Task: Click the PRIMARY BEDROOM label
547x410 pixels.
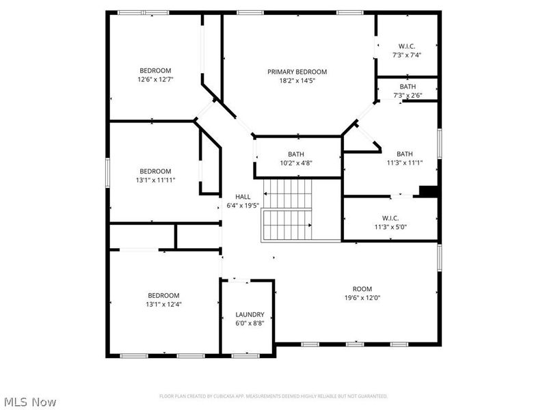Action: click(297, 72)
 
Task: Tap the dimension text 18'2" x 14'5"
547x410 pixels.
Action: click(297, 81)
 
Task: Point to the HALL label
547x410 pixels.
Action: click(243, 197)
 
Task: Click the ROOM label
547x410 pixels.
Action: click(362, 289)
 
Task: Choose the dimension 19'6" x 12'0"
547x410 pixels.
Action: click(362, 298)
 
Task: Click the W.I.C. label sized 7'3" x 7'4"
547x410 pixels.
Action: click(408, 46)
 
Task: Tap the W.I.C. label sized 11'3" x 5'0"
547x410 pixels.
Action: click(390, 218)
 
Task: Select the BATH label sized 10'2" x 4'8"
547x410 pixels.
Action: click(296, 154)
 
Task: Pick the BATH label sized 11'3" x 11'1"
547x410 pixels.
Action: click(405, 154)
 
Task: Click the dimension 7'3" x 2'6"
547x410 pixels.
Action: click(408, 96)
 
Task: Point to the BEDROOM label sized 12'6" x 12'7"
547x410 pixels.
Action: click(155, 70)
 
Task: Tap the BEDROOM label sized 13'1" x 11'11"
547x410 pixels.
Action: click(155, 172)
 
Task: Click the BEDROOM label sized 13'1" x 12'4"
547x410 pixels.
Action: click(163, 296)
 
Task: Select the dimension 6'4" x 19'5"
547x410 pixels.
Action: click(243, 205)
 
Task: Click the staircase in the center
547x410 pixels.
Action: click(288, 209)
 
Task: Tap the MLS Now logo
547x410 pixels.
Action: click(30, 402)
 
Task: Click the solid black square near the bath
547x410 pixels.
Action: click(429, 191)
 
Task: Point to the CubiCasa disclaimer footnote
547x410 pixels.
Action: click(273, 396)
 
